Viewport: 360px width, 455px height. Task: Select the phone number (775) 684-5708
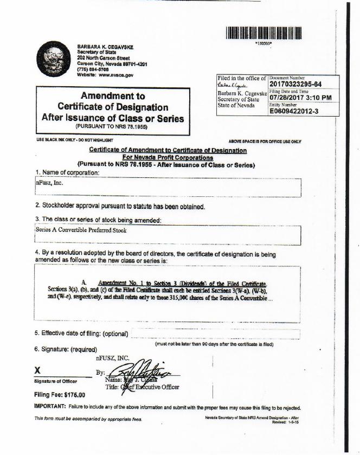(93, 69)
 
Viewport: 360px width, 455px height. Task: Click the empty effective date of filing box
(215, 334)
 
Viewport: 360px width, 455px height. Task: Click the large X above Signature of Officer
(38, 370)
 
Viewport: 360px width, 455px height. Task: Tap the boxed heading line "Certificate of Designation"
(113, 106)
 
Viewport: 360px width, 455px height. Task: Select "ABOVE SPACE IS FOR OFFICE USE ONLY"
(265, 141)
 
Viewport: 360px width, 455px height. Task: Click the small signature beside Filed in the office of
(232, 86)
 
